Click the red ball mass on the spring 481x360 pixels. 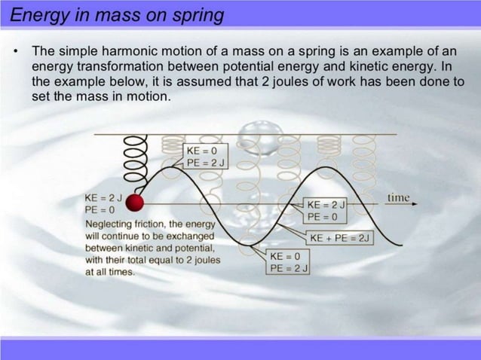pyautogui.click(x=134, y=203)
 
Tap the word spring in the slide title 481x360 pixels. pyautogui.click(x=202, y=14)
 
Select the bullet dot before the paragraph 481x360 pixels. pyautogui.click(x=15, y=53)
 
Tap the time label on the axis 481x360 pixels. pyautogui.click(x=398, y=197)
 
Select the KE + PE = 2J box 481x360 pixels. pyautogui.click(x=341, y=237)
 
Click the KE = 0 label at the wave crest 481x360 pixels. pyautogui.click(x=201, y=150)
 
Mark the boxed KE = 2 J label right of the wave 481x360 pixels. pyautogui.click(x=326, y=204)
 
